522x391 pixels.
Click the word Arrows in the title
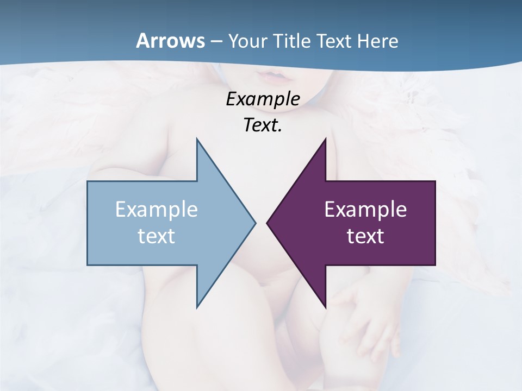(170, 41)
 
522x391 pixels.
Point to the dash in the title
(216, 42)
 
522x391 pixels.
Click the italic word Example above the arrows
(263, 99)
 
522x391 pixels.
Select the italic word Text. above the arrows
(263, 125)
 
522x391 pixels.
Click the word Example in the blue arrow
(157, 210)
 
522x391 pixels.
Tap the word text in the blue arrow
(157, 236)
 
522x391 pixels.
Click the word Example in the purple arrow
(365, 210)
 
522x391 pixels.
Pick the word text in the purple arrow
(365, 236)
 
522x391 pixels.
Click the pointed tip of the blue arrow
(254, 223)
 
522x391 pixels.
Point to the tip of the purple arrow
(268, 223)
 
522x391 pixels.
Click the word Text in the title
(335, 41)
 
